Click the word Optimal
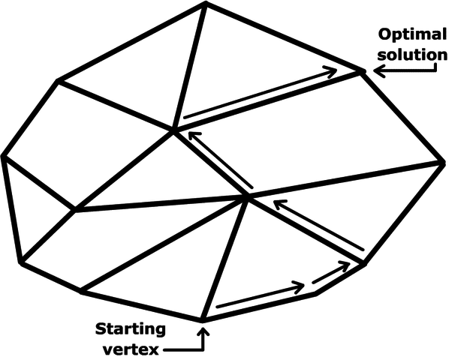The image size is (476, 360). coord(411,34)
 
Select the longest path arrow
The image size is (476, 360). coord(260,93)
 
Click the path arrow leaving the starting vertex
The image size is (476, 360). coord(260,297)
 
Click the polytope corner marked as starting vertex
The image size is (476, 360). coord(203,320)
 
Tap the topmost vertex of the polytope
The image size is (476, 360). coord(205,4)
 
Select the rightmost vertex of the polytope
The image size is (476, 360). coord(444,162)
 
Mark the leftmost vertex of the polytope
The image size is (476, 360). coord(4,156)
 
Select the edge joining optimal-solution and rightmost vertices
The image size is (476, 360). coord(404,117)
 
